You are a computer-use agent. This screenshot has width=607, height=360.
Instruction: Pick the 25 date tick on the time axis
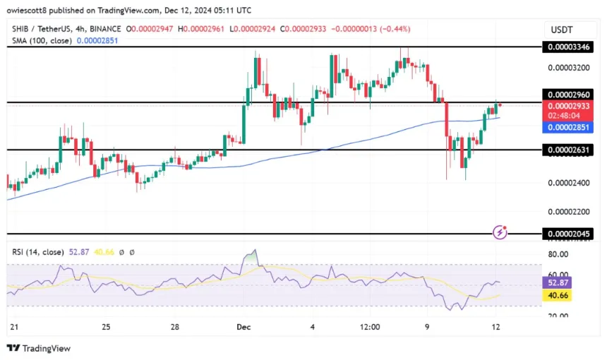click(106, 327)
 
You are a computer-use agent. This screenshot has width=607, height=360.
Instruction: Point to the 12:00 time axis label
click(370, 327)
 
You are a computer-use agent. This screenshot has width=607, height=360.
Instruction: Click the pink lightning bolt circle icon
click(500, 232)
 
